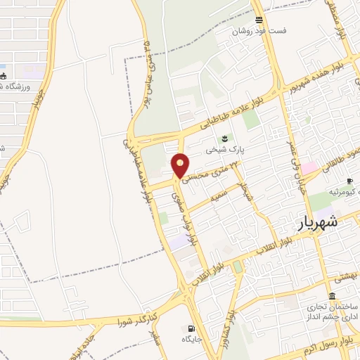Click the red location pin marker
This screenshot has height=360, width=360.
click(181, 165)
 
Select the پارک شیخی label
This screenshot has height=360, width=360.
click(223, 150)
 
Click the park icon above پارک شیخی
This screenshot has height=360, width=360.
click(224, 138)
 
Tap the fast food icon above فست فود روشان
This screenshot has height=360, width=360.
click(260, 20)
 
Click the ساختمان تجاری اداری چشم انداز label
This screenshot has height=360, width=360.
click(331, 313)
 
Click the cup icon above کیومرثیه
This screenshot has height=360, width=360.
click(349, 162)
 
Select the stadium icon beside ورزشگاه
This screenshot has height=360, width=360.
click(4, 76)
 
